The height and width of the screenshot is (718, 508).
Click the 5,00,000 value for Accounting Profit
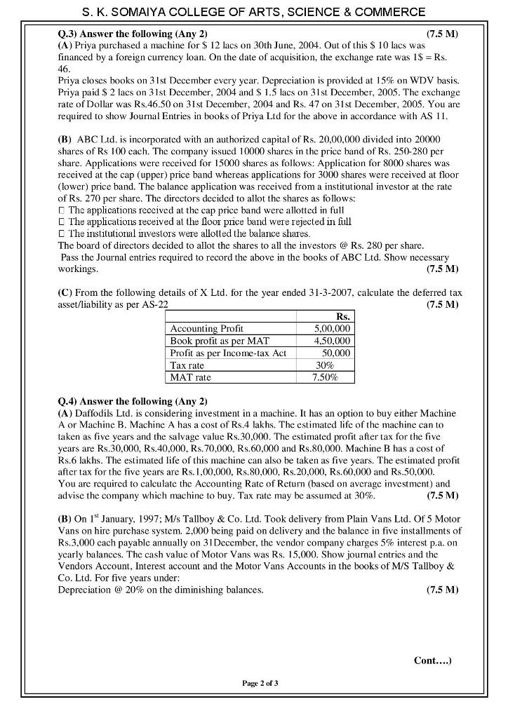click(x=331, y=328)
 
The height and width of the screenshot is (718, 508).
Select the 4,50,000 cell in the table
click(x=331, y=341)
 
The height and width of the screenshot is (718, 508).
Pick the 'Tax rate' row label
click(x=187, y=365)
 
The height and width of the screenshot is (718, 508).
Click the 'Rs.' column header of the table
click(x=343, y=317)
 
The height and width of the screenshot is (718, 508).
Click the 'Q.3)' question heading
click(x=67, y=34)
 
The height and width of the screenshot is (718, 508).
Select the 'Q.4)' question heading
click(x=67, y=401)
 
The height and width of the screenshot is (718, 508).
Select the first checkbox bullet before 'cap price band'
click(x=62, y=210)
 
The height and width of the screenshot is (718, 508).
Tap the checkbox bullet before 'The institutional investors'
click(x=62, y=233)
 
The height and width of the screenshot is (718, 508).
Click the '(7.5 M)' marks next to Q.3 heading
click(x=442, y=34)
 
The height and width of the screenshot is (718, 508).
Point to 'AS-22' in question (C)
click(x=154, y=304)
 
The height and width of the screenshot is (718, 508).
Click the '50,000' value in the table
click(x=335, y=353)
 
